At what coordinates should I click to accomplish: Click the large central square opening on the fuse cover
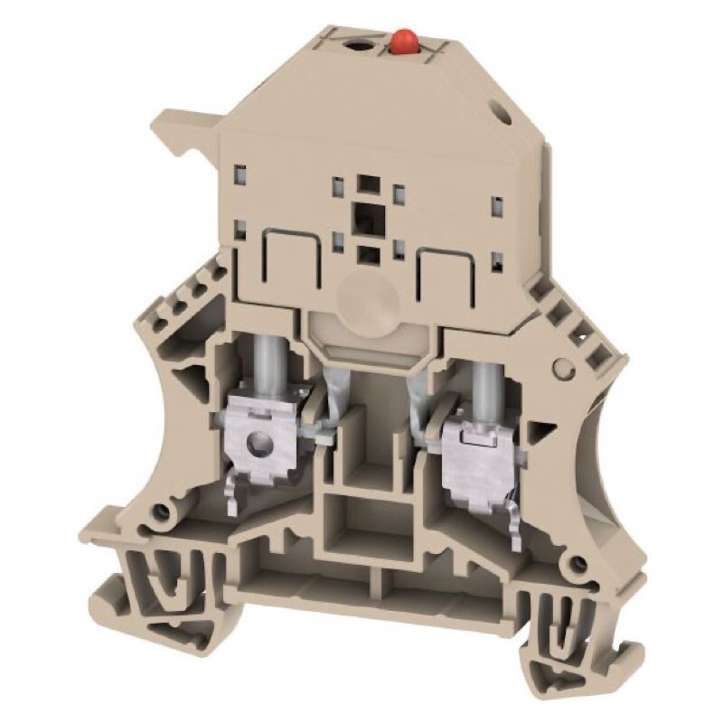click(367, 215)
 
